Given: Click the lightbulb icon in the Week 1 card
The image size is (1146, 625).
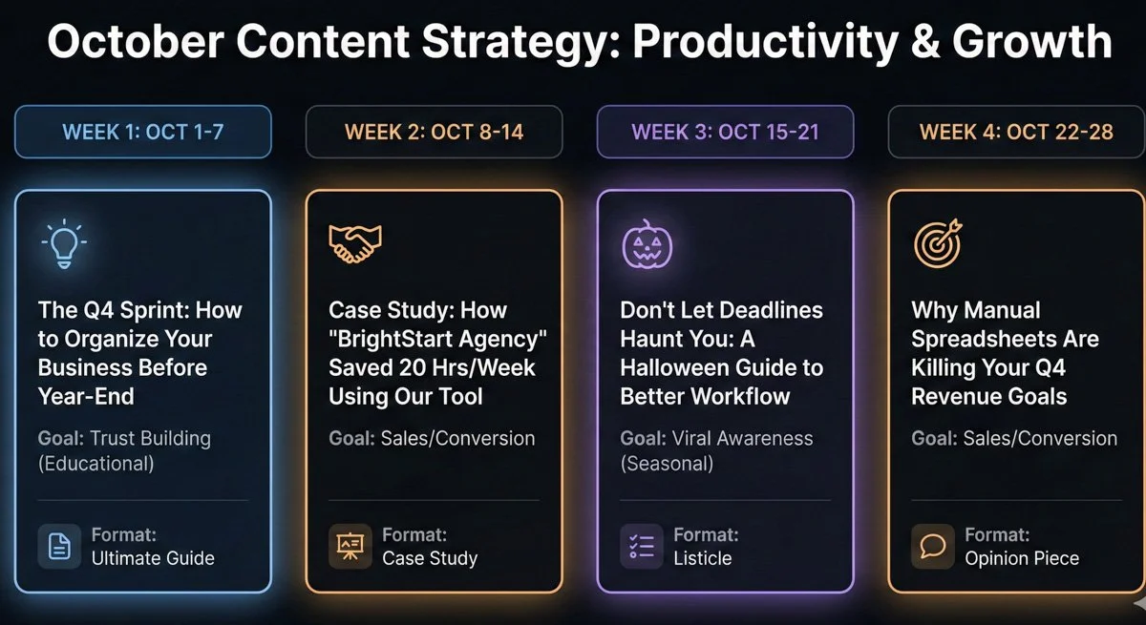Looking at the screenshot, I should [x=64, y=243].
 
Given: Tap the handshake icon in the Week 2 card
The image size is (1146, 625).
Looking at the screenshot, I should [x=354, y=244].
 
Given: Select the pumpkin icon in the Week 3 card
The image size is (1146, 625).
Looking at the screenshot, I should [x=647, y=244].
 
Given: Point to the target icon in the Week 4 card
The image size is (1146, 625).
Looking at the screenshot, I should [x=938, y=243].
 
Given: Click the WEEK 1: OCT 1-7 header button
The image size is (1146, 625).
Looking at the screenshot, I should [x=143, y=132].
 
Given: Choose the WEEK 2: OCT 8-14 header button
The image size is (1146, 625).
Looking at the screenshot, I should [x=435, y=132].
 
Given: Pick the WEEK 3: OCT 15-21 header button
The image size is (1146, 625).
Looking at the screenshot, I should [x=726, y=132].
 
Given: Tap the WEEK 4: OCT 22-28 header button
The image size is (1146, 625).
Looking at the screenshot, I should [x=1016, y=132].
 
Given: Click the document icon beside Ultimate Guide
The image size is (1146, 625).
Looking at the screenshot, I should [x=59, y=546].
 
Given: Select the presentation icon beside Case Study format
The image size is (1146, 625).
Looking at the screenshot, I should [x=350, y=546].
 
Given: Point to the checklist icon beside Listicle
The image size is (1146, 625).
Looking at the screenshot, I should [x=642, y=546].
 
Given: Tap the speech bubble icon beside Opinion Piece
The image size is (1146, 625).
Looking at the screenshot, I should [x=933, y=546].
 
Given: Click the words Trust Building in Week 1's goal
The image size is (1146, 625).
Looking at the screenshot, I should [x=150, y=439].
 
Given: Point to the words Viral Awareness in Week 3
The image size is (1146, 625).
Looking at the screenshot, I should [x=743, y=439].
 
